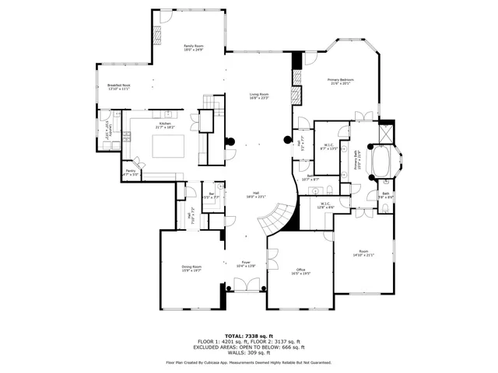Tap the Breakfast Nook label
coord(118,86)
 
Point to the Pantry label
coord(131,173)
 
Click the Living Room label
coord(258,96)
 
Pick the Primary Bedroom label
coord(341,81)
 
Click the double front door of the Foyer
coord(245,288)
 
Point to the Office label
coord(300,272)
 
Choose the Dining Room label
coord(191,269)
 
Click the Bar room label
coord(211,196)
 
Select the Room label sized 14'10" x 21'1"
coord(363,253)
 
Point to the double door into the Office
coord(272,260)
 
